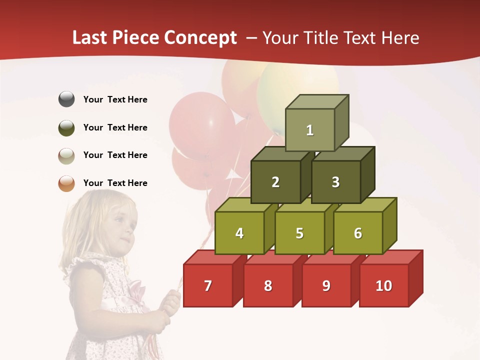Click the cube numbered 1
[310, 130]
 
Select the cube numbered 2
[275, 182]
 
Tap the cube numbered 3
[335, 182]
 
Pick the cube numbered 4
[239, 233]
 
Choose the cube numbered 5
[299, 233]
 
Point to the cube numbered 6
[358, 233]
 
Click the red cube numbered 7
[208, 285]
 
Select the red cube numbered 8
[268, 285]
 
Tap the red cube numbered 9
[326, 285]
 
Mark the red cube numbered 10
[383, 285]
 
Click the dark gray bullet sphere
[66, 99]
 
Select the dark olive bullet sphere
[66, 127]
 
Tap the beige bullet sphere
[66, 155]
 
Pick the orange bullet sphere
[66, 183]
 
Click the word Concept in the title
[200, 38]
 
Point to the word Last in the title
[91, 38]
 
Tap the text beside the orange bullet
[115, 183]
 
